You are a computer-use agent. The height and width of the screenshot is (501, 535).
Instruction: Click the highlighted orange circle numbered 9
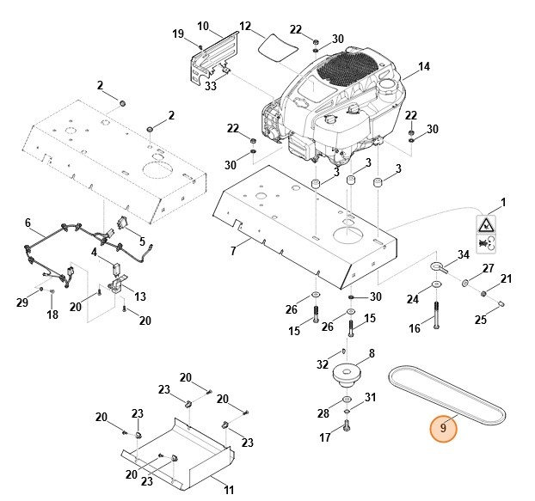[x=443, y=426]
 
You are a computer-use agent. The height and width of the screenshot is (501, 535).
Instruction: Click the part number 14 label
[x=423, y=67]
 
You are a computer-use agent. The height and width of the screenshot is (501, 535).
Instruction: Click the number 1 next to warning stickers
[x=504, y=202]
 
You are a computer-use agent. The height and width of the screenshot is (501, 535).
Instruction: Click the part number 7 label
[x=232, y=251]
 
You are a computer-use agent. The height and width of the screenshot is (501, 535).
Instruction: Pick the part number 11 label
[x=229, y=490]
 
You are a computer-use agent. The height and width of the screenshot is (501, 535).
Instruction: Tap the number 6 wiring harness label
[x=28, y=223]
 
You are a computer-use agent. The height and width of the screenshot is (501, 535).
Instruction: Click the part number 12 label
[x=244, y=27]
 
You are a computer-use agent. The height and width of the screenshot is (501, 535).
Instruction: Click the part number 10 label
[x=203, y=27]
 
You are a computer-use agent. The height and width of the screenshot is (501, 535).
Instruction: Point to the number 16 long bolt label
[x=415, y=328]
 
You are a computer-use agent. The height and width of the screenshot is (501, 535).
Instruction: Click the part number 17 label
[x=325, y=437]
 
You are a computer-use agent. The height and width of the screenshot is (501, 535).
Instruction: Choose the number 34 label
[x=463, y=254]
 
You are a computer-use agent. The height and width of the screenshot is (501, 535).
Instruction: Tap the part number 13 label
[x=139, y=296]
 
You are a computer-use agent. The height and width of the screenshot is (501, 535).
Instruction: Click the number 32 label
[x=323, y=364]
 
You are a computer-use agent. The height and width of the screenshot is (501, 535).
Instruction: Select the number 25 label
[x=481, y=320]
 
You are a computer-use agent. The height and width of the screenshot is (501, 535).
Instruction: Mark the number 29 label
[x=22, y=301]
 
